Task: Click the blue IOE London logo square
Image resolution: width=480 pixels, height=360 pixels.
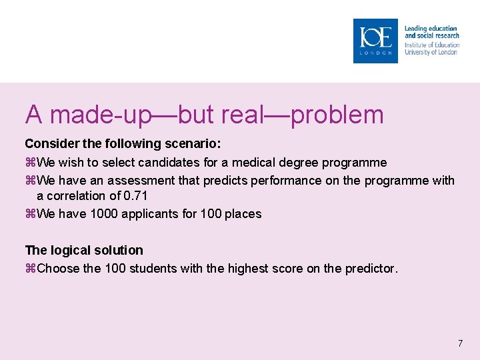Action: point(375,41)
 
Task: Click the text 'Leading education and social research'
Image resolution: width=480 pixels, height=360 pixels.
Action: point(431,32)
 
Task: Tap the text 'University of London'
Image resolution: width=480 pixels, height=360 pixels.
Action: point(431,52)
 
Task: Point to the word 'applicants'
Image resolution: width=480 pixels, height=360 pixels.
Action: point(147,214)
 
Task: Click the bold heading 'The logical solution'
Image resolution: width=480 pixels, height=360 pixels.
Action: point(84,250)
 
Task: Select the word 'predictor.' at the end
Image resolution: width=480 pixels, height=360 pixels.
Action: point(371,269)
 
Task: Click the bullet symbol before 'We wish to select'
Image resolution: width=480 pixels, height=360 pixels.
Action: point(29,163)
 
